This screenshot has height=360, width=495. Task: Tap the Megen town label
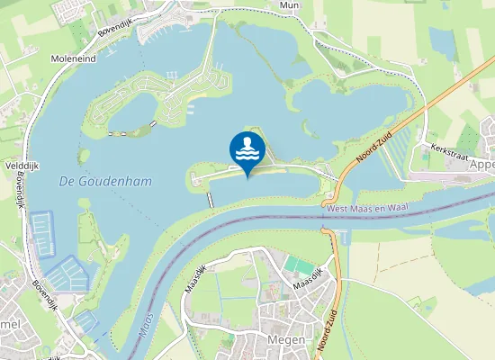(287, 340)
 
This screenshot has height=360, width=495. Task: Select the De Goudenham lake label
(104, 181)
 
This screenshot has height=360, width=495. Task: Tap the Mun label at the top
(289, 4)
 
